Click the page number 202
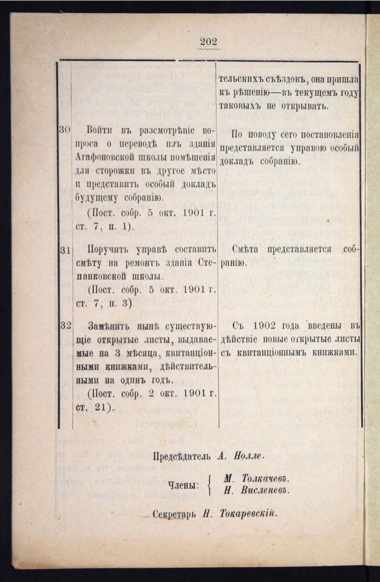[x=209, y=41]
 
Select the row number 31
[x=64, y=249]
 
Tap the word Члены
[x=183, y=485]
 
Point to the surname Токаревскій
[x=247, y=514]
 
